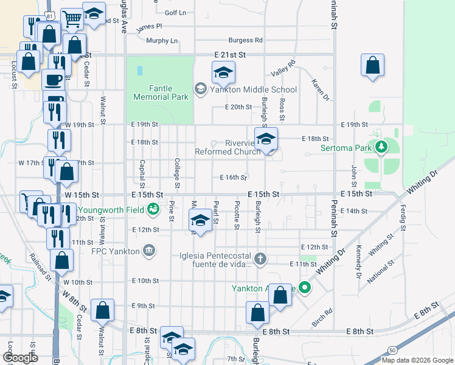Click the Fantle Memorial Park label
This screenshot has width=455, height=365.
tap(160, 92)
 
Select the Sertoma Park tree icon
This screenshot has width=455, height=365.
tap(381, 146)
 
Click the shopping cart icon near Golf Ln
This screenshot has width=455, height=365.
tap(72, 20)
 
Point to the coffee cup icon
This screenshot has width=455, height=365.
tap(54, 80)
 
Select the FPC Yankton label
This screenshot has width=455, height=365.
tap(116, 250)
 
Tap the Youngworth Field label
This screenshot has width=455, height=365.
tap(119, 210)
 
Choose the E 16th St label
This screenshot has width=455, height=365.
tap(234, 178)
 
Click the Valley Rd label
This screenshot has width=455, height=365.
tap(283, 68)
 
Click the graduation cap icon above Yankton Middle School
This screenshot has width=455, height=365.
tap(224, 74)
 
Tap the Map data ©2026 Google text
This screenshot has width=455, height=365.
tap(417, 360)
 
